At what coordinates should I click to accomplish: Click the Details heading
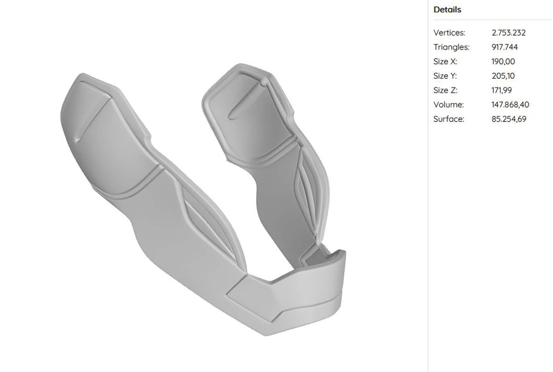[447, 10]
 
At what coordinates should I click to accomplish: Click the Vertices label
[449, 33]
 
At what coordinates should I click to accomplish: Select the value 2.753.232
[508, 33]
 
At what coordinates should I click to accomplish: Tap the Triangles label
[451, 47]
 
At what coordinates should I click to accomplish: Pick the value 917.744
[504, 47]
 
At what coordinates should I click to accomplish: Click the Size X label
[445, 62]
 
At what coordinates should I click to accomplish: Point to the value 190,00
[503, 62]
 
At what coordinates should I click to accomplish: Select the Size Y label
[445, 76]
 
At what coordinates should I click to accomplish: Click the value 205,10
[503, 76]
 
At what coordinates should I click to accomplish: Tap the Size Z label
[445, 90]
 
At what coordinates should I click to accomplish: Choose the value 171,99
[501, 90]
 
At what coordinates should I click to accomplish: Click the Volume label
[448, 105]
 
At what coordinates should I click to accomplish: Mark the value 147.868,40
[510, 105]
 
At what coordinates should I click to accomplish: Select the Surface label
[448, 119]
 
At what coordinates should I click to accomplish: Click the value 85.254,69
[509, 119]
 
